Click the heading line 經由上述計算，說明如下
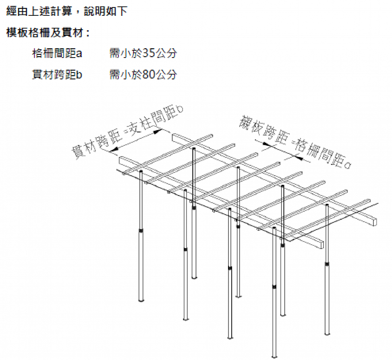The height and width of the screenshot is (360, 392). coord(67,11)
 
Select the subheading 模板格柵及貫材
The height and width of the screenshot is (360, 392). coord(48,33)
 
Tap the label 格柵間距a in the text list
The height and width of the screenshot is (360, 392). coord(57,53)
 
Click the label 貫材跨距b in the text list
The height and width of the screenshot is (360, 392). coord(57,74)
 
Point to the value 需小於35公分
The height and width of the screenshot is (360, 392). coord(143,53)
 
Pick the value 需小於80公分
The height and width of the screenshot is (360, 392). coord(143,74)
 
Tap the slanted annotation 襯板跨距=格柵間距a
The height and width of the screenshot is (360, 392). coord(295,142)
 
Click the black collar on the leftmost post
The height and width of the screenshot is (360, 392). coord(141,230)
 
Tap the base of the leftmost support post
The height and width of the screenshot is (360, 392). coord(141,300)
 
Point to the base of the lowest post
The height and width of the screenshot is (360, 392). coord(274,356)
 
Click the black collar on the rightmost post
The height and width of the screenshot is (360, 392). coord(327,263)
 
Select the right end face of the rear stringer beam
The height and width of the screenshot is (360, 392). coord(375,222)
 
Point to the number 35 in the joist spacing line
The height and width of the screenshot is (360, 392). coord(149,53)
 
